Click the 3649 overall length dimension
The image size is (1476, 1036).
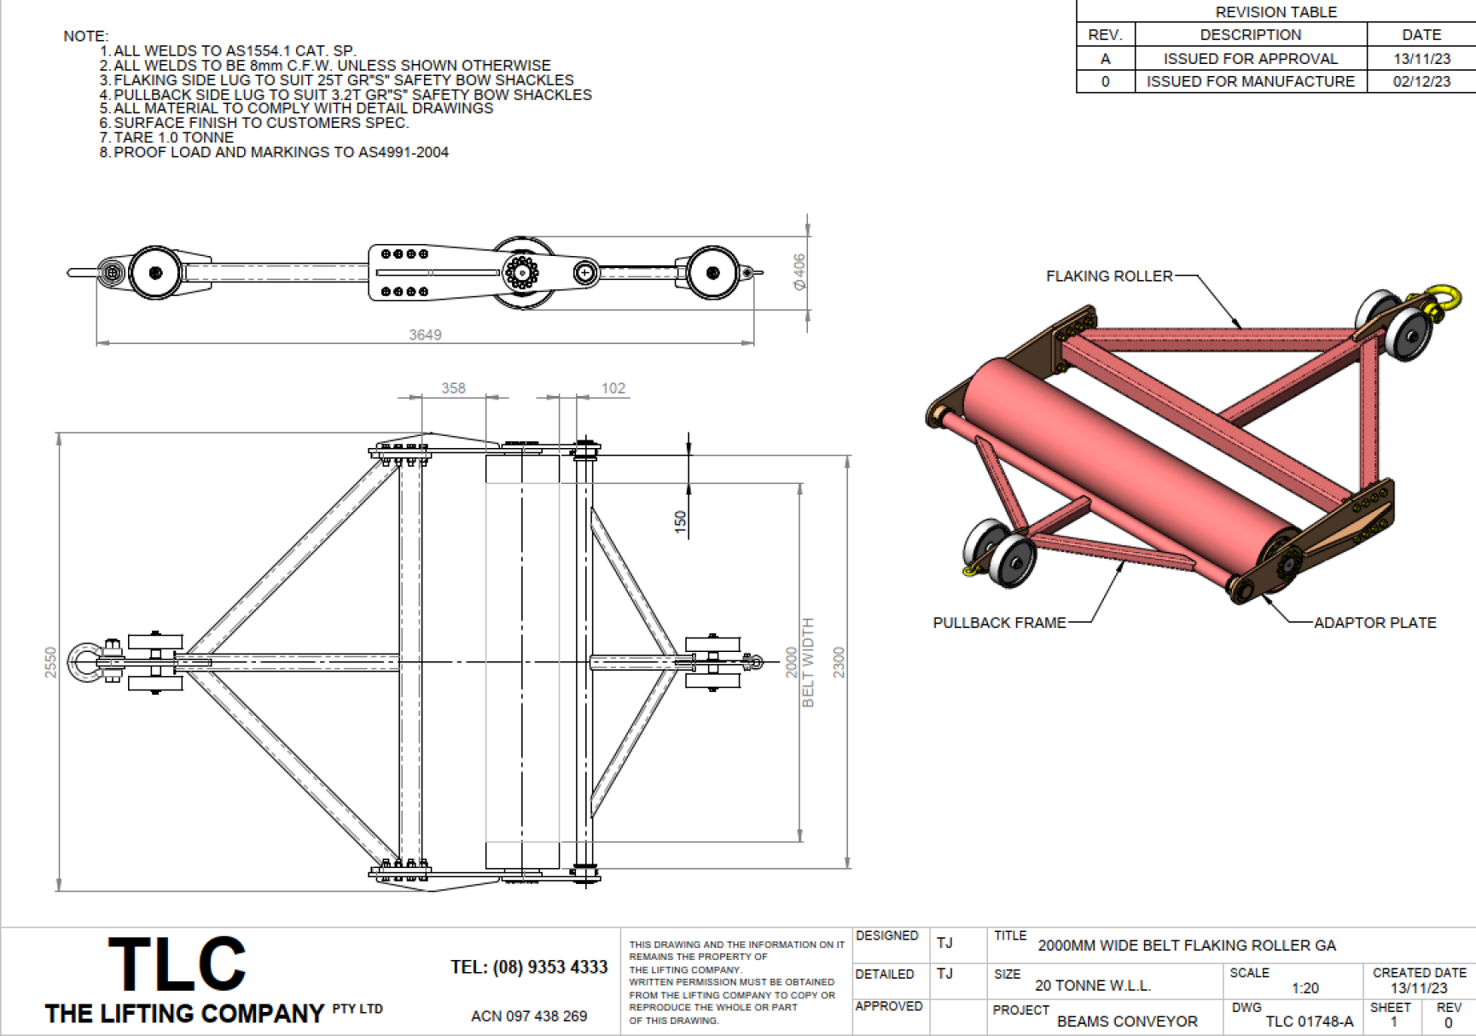pos(425,335)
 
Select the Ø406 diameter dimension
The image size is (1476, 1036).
pos(799,271)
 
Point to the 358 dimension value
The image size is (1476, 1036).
pos(453,388)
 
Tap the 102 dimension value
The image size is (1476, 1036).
pos(613,388)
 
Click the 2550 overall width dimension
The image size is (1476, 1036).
pos(51,662)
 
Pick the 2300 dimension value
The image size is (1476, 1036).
pos(840,662)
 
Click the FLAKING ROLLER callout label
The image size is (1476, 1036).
pos(1109,276)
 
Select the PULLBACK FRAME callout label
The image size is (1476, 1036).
pos(999,622)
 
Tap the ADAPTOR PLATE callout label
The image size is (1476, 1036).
pos(1374,622)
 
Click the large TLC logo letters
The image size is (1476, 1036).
pos(177,963)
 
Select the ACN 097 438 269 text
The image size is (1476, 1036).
pos(529,1016)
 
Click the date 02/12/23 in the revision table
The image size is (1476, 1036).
pos(1421,81)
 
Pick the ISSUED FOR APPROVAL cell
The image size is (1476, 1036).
pos(1251,58)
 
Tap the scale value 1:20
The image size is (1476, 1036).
pos(1305,987)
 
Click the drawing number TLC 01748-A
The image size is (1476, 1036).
pos(1310,1021)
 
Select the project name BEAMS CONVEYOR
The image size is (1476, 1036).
pos(1127,1021)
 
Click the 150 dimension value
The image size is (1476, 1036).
pos(680,521)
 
